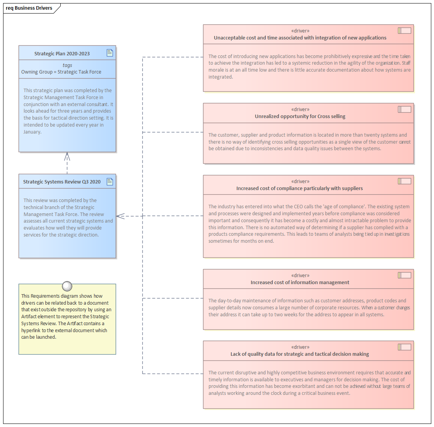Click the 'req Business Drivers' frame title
coord(29,8)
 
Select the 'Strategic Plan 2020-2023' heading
coord(62,53)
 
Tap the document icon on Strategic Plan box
coord(110,53)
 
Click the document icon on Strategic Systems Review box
coord(110,181)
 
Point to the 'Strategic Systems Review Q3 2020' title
coord(62,182)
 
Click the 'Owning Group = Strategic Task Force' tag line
coord(61,72)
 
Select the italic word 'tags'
coord(67,65)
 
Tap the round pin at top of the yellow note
coord(67,286)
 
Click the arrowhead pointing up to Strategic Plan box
coord(67,156)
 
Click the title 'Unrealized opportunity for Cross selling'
coord(300,116)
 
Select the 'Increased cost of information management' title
coord(300,282)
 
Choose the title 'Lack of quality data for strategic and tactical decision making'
coord(300,354)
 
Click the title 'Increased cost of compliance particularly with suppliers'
coord(300,188)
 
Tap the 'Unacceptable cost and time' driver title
coord(300,38)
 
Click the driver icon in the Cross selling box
coord(404,109)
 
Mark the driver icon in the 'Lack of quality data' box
coord(404,347)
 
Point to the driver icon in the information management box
coord(404,275)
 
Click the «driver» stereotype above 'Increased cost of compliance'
coord(300,181)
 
